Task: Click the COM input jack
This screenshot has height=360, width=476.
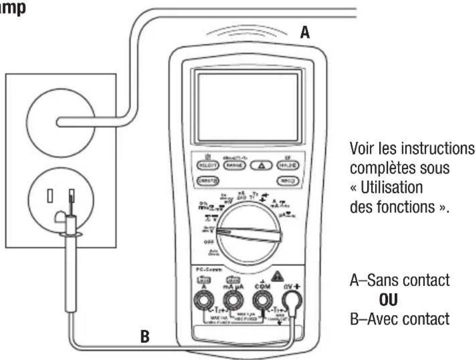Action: pyautogui.click(x=261, y=300)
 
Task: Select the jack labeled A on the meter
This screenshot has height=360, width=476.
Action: pyautogui.click(x=204, y=300)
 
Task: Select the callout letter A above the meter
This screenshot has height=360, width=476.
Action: pyautogui.click(x=305, y=33)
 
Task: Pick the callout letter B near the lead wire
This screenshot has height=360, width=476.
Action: pyautogui.click(x=145, y=336)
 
